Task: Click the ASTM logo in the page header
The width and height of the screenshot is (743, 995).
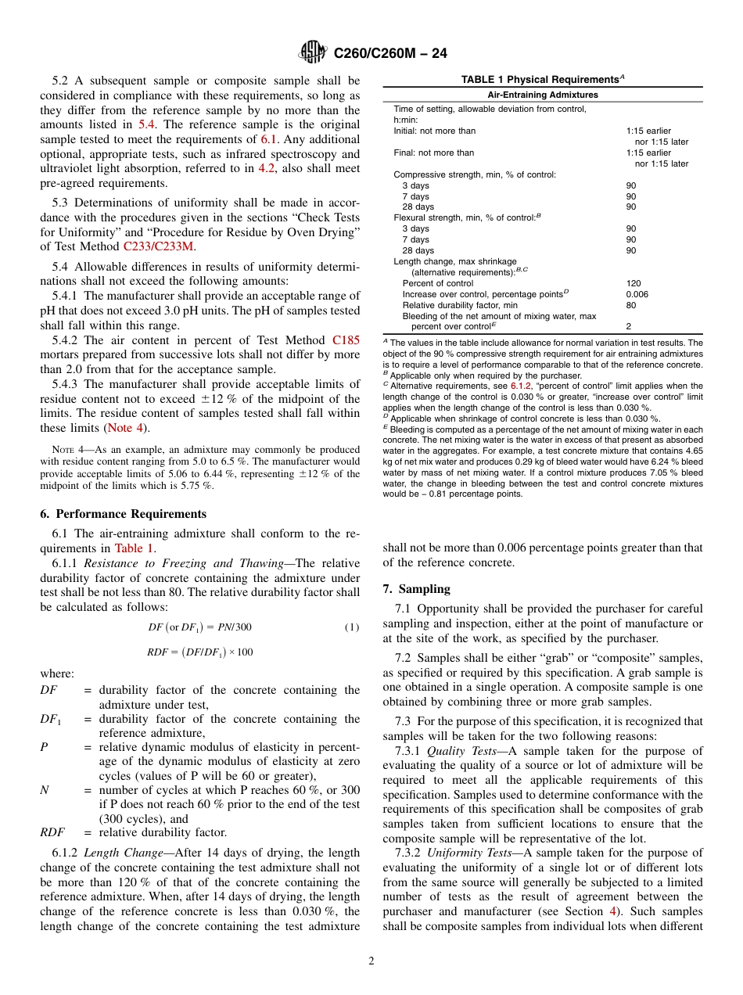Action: click(314, 53)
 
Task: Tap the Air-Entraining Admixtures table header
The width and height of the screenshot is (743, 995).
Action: click(542, 95)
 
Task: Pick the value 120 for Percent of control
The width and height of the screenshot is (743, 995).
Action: click(633, 283)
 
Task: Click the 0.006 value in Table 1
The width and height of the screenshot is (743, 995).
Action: click(637, 294)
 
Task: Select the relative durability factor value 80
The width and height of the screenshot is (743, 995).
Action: click(630, 305)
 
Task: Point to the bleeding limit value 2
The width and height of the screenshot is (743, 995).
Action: click(628, 326)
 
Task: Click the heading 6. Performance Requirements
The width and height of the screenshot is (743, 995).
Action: click(124, 514)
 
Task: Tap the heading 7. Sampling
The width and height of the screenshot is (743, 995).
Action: click(416, 588)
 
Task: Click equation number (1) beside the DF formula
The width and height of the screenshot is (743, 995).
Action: click(352, 627)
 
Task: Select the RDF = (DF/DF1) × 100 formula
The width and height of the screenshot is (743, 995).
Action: click(199, 652)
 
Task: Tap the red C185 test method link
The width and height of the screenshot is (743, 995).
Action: click(346, 340)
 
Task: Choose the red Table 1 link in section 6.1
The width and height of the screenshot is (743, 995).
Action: click(134, 548)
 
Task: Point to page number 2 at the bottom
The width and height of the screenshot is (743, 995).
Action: click(371, 961)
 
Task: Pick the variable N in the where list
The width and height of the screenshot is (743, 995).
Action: click(44, 790)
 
